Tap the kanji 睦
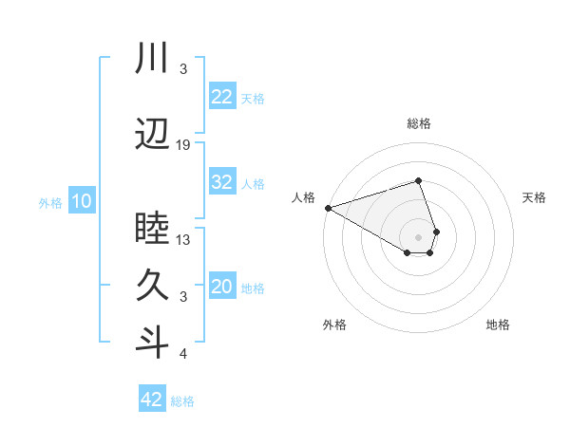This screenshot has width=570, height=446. pos(152,228)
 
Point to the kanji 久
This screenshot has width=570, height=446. pos(152,285)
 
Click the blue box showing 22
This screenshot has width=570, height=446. pos(221,97)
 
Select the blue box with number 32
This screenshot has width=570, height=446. pos(221,183)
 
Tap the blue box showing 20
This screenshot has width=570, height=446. pos(221,288)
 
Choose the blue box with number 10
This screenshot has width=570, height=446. pos(81,201)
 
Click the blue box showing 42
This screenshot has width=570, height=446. pos(152,400)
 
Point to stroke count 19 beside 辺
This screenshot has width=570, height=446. pos(183,145)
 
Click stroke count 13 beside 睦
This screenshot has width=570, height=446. pos(183,240)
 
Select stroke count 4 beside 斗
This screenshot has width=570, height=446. pos(183,355)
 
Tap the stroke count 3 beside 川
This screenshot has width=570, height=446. pos(183,69)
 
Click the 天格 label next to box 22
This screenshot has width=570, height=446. pos(253,98)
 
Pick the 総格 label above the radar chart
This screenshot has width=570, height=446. pos(419,124)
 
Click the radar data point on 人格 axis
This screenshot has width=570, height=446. pos(327,207)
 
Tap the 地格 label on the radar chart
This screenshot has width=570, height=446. pos(498,325)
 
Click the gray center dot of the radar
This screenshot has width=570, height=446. pos(419,235)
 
